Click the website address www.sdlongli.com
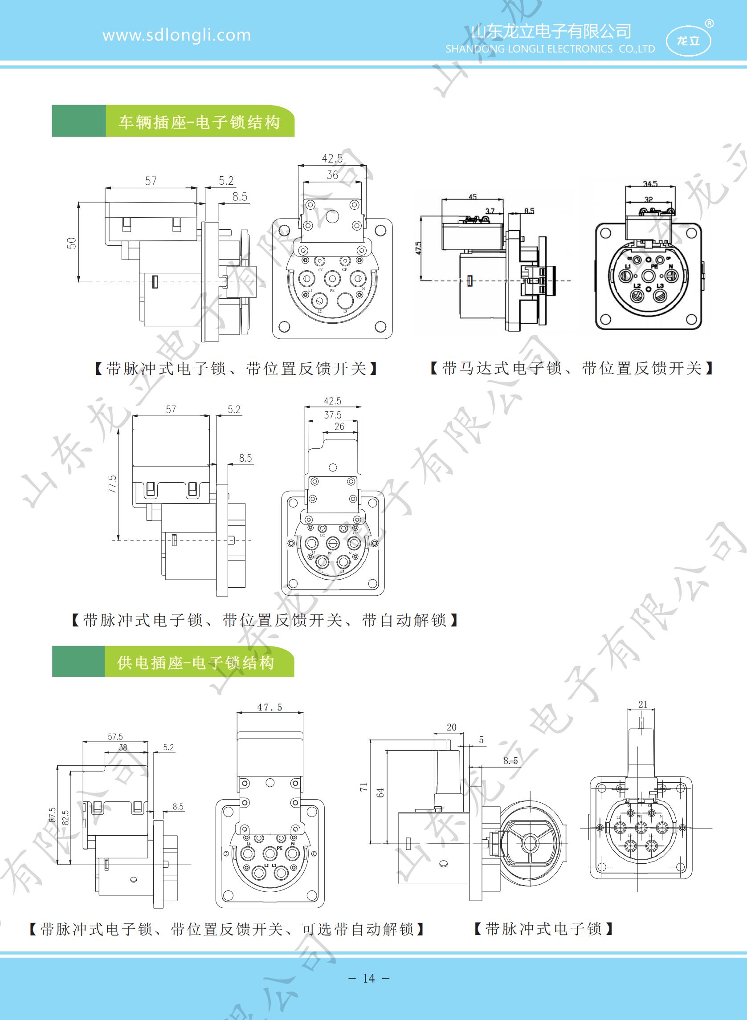point(176,35)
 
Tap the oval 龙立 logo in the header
point(688,41)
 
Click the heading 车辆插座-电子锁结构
point(199,122)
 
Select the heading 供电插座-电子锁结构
point(196,662)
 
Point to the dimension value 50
point(72,243)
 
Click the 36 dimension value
point(332,175)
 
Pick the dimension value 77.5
point(112,484)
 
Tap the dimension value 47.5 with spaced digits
point(269,707)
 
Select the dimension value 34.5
point(650,184)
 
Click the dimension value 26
point(339,426)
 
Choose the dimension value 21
point(643,704)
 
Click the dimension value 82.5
point(65,818)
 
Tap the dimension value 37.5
point(333,415)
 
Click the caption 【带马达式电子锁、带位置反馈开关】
point(572,368)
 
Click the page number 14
point(369,979)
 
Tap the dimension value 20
point(451,727)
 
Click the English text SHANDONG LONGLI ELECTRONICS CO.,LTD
point(550,49)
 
